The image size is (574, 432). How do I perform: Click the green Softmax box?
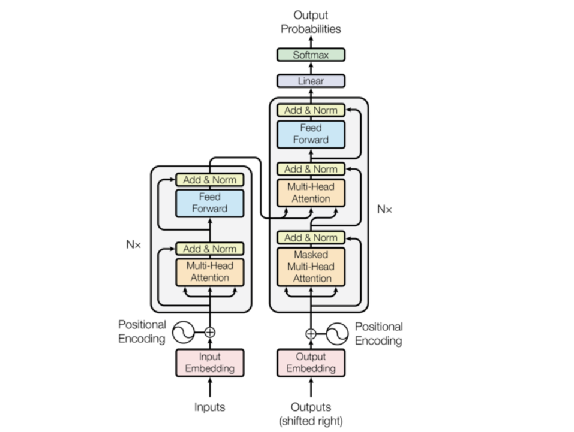pos(311,55)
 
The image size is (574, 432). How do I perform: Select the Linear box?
pos(311,81)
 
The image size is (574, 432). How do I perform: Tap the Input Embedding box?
pos(210,362)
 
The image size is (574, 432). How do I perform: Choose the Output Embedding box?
pos(311,362)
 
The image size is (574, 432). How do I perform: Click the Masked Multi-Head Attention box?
pos(311,267)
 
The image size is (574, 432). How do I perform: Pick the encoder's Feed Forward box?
pos(210,203)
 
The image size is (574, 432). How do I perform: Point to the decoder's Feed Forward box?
pos(311,134)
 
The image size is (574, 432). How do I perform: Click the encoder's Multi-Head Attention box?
pos(210,272)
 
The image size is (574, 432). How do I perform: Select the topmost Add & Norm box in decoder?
pos(311,110)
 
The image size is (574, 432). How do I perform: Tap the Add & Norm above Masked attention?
pos(311,238)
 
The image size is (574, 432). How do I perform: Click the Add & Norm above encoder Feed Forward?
pos(210,180)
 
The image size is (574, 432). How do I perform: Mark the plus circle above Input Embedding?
pos(210,333)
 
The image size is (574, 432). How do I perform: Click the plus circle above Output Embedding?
pos(311,334)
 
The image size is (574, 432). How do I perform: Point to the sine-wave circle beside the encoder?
pos(183,333)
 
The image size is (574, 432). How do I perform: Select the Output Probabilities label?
pos(311,22)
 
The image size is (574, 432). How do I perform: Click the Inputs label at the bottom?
pos(210,407)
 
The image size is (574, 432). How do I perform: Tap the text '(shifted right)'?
pos(311,421)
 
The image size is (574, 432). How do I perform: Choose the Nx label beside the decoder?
pos(384,209)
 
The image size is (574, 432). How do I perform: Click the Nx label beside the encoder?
pos(133,244)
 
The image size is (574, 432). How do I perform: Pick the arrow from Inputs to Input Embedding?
pos(210,388)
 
